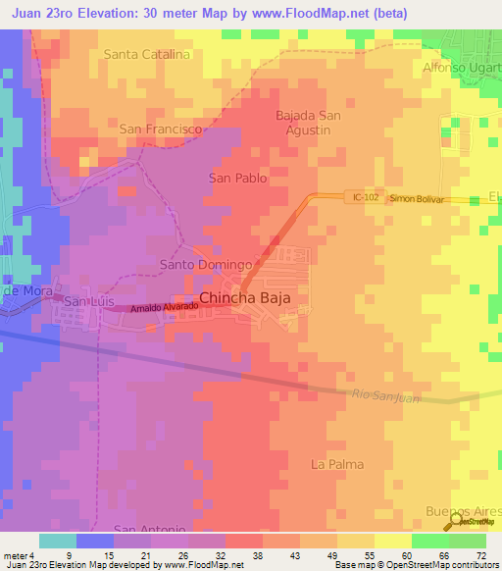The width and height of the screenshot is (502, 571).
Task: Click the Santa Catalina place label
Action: (146, 54)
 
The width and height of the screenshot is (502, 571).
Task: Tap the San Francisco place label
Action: (161, 129)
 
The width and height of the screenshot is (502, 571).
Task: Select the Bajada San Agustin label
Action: (308, 123)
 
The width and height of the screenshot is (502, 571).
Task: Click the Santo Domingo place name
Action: (207, 265)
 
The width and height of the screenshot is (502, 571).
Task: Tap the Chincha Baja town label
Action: (246, 298)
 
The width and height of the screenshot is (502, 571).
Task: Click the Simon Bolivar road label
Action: (417, 198)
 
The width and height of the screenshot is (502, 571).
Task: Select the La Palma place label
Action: (336, 464)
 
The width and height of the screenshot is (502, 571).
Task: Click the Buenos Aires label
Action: (462, 511)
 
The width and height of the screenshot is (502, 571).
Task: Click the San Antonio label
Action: (147, 530)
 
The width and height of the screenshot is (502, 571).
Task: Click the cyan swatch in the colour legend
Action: (57, 541)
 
